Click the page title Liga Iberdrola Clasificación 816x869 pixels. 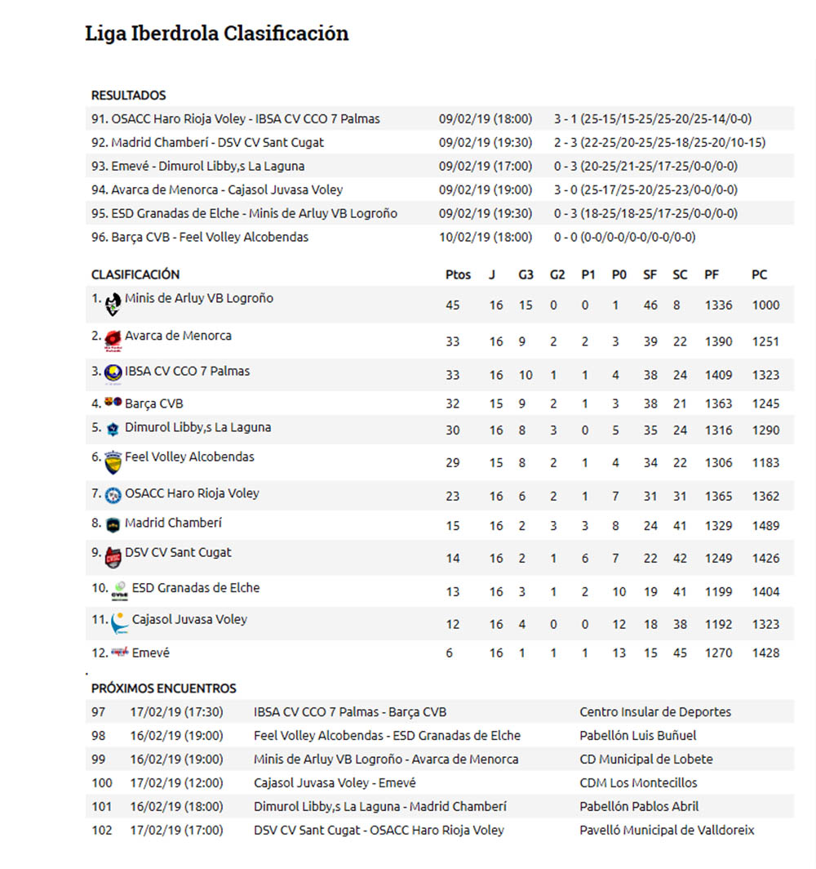[216, 33]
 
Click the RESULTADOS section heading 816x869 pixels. [128, 96]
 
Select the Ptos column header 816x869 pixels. [458, 275]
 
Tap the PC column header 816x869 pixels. [759, 275]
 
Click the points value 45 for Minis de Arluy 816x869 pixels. [453, 305]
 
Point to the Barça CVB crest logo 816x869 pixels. [113, 403]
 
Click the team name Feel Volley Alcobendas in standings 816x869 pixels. [189, 457]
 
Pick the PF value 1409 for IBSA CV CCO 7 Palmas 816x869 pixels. [718, 376]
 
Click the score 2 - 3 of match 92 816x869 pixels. [565, 143]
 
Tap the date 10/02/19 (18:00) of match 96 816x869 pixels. [485, 238]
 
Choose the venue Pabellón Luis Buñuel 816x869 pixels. [638, 736]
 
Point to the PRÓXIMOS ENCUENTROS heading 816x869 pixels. [163, 689]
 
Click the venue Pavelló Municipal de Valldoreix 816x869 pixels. [667, 831]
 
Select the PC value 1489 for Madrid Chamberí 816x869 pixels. [765, 527]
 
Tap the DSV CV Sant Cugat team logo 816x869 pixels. [113, 558]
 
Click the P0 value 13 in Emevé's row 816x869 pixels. [619, 653]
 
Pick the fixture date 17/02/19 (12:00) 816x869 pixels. [176, 783]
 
